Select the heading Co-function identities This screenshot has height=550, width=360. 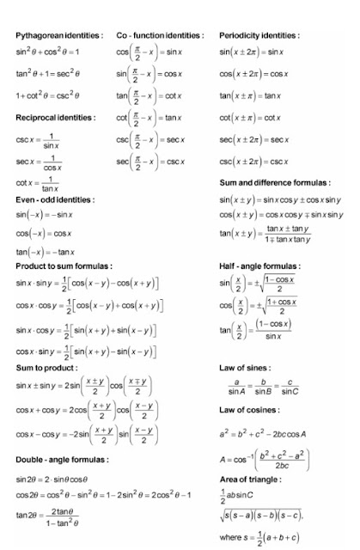160,35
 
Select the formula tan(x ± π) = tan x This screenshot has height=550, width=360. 254,95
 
